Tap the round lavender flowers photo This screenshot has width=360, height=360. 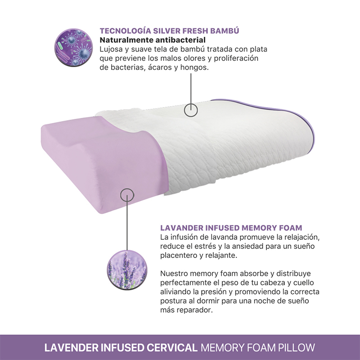pyautogui.click(x=127, y=269)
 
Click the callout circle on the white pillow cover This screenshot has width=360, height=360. pyautogui.click(x=191, y=109)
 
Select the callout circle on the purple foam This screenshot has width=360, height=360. pyautogui.click(x=127, y=194)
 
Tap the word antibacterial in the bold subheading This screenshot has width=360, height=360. pyautogui.click(x=166, y=40)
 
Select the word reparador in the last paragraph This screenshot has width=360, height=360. pyautogui.click(x=193, y=310)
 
